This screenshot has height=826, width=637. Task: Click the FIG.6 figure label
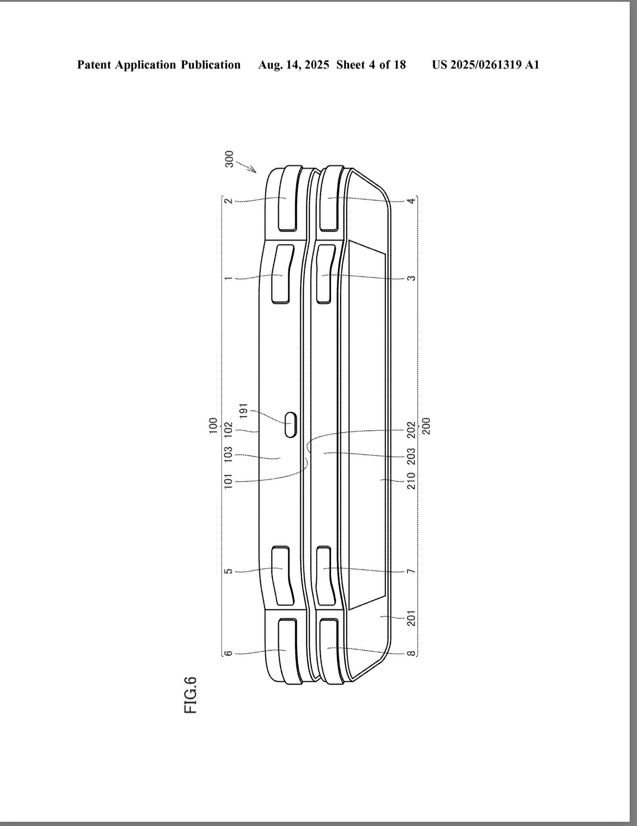click(190, 695)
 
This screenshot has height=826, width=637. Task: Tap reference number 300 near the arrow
click(230, 159)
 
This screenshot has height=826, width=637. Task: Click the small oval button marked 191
click(291, 425)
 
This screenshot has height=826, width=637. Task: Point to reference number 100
click(213, 425)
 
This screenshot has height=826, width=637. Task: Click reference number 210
click(411, 480)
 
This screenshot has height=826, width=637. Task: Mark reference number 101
click(228, 481)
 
